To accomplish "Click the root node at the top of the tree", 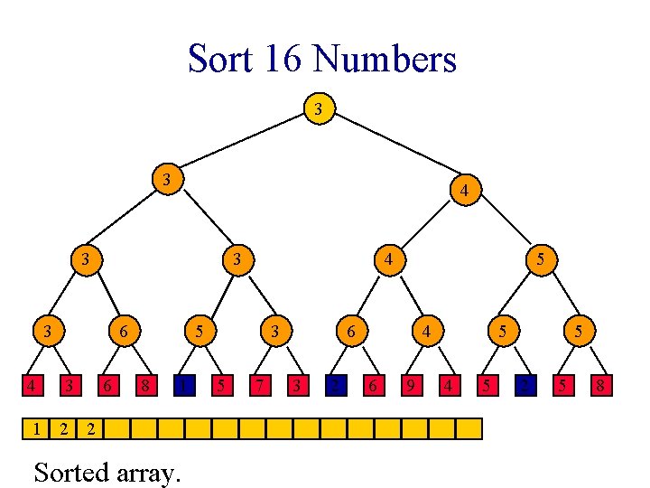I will coord(318,109).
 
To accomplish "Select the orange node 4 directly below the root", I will coord(463,191).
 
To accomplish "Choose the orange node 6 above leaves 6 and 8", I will coord(124,333).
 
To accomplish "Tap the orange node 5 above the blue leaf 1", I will coord(200,333).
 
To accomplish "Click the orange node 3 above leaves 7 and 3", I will coord(275,333).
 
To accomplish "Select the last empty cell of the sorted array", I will coord(469,427).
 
